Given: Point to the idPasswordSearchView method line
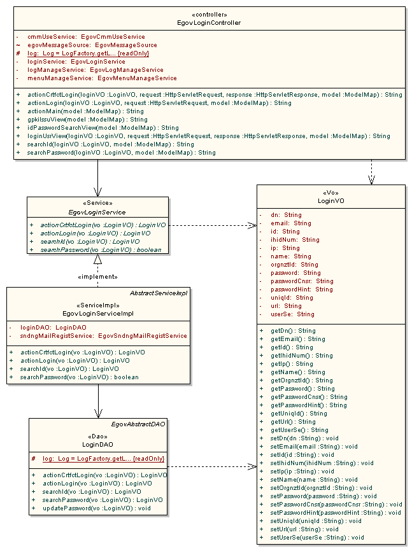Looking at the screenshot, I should [103, 127].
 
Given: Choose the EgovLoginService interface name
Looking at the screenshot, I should [97, 212].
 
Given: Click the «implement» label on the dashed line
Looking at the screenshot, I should [97, 277].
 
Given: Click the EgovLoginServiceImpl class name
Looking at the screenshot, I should [97, 313].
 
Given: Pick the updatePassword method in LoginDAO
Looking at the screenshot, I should [97, 508].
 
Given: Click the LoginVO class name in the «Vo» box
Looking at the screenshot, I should [330, 200].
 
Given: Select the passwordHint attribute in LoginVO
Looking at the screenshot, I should [301, 289].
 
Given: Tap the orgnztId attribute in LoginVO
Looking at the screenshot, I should [294, 264].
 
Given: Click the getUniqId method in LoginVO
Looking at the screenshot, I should [299, 413].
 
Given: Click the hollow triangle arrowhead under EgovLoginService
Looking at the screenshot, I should [97, 260].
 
